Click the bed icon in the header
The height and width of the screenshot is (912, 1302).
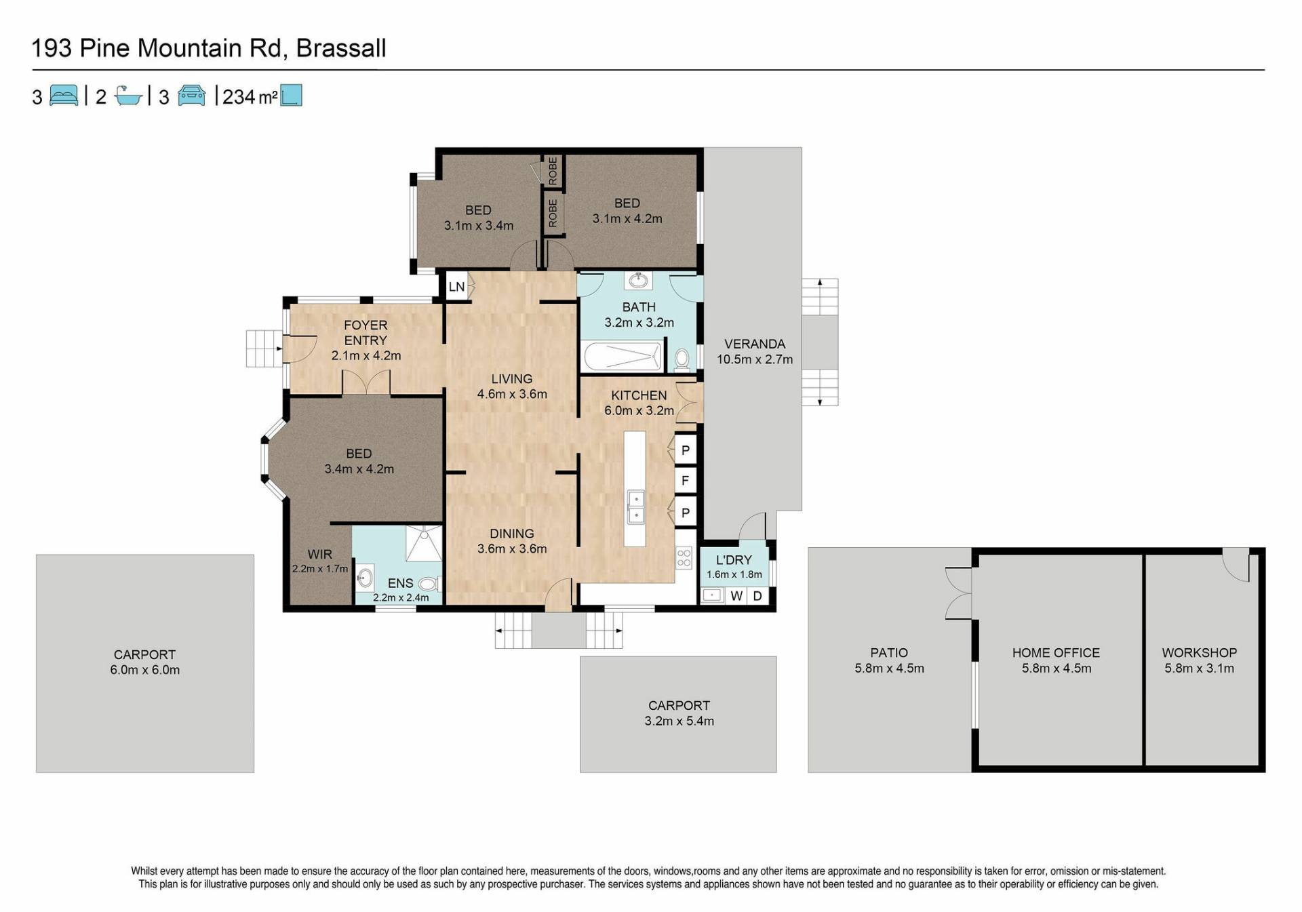64,96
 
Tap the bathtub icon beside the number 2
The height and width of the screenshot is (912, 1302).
128,96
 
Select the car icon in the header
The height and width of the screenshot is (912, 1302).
191,96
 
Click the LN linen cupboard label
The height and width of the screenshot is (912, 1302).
456,286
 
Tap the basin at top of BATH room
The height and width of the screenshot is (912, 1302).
638,279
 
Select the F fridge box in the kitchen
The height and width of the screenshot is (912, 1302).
686,481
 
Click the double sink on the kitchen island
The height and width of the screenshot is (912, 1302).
636,507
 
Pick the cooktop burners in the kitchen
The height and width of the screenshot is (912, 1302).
684,558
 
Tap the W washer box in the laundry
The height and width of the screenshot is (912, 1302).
736,596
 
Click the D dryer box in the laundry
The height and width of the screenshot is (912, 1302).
757,596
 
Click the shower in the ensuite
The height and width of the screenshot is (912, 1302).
424,543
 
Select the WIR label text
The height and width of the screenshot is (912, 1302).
319,554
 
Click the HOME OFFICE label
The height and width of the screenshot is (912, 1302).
1056,652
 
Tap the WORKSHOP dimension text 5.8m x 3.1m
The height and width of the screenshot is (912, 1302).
1199,668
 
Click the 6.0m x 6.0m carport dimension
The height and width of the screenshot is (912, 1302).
144,670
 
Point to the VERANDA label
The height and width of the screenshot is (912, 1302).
754,344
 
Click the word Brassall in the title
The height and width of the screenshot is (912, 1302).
341,48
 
